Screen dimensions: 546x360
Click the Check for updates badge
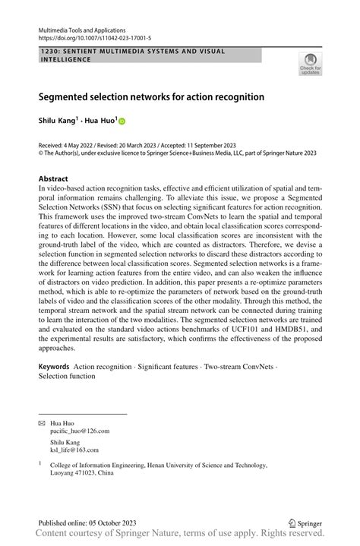tap(310, 64)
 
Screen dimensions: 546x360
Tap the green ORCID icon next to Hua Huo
tap(122, 121)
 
